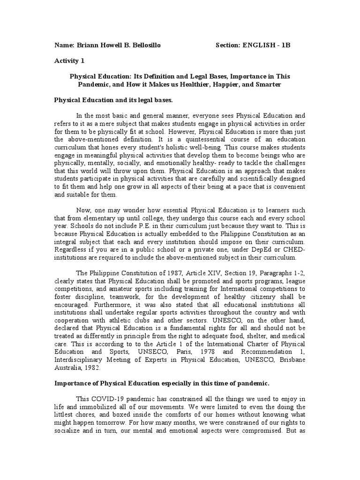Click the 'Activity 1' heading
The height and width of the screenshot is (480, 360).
(x=69, y=60)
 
